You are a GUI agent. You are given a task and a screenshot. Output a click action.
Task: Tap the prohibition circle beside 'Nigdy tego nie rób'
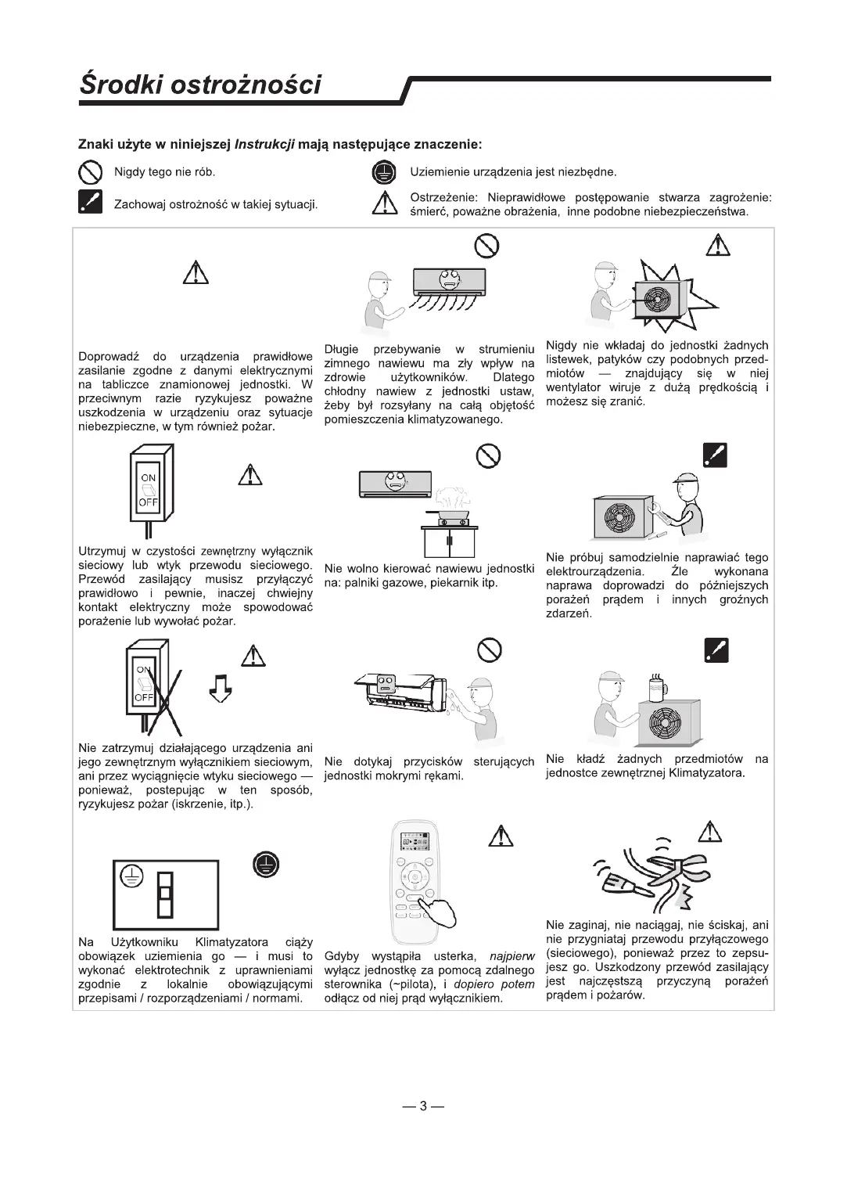[x=91, y=172]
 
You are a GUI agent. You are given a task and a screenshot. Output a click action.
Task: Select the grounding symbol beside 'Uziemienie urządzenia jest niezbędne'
[x=382, y=172]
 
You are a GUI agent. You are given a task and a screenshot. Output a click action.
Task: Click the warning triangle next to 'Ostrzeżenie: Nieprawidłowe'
[x=382, y=204]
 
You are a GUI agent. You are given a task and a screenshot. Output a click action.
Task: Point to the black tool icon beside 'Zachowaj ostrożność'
[x=91, y=202]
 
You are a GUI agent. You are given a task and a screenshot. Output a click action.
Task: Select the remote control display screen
[x=417, y=843]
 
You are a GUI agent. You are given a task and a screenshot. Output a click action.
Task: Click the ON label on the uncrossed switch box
[x=148, y=477]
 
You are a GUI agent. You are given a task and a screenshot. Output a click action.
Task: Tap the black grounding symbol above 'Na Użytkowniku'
[x=266, y=864]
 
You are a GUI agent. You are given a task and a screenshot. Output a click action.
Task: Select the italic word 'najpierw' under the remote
[x=511, y=956]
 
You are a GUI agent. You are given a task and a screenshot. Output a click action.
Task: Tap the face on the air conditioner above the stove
[x=397, y=483]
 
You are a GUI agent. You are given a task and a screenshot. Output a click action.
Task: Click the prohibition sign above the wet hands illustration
[x=489, y=649]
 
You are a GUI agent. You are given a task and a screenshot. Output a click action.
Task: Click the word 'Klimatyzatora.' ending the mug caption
[x=707, y=773]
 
